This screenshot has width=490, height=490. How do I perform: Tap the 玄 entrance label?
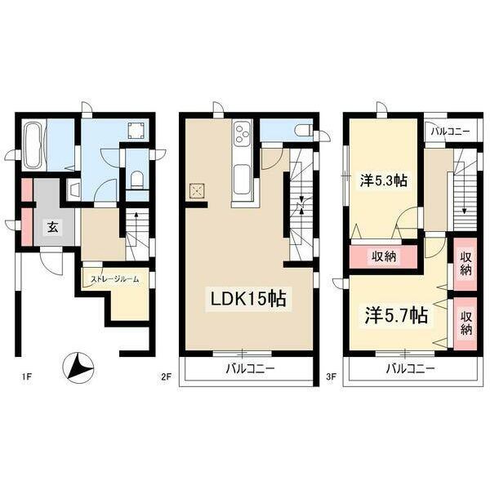[x=52, y=227]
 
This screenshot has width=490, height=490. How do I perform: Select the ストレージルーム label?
[x=114, y=279]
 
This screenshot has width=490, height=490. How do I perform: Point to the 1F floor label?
[x=27, y=376]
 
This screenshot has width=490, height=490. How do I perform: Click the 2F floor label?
[x=167, y=376]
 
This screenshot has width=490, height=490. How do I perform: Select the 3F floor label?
[x=332, y=376]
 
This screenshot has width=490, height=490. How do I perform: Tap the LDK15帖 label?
[x=249, y=299]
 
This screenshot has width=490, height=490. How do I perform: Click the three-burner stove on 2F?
[x=243, y=133]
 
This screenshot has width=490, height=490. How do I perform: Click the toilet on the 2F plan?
[x=303, y=130]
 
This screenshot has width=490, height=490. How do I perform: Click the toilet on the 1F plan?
[x=136, y=180]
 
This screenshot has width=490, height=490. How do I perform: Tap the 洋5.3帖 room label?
[x=384, y=180]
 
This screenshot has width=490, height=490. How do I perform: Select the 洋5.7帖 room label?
[x=397, y=315]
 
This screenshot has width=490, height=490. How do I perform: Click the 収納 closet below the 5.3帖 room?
[x=384, y=256]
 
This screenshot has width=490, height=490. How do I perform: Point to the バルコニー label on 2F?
[x=251, y=369]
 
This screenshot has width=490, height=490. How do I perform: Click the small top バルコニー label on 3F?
[x=450, y=131]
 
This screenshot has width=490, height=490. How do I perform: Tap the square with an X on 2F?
[x=197, y=190]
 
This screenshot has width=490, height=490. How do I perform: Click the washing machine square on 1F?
[x=136, y=131]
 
